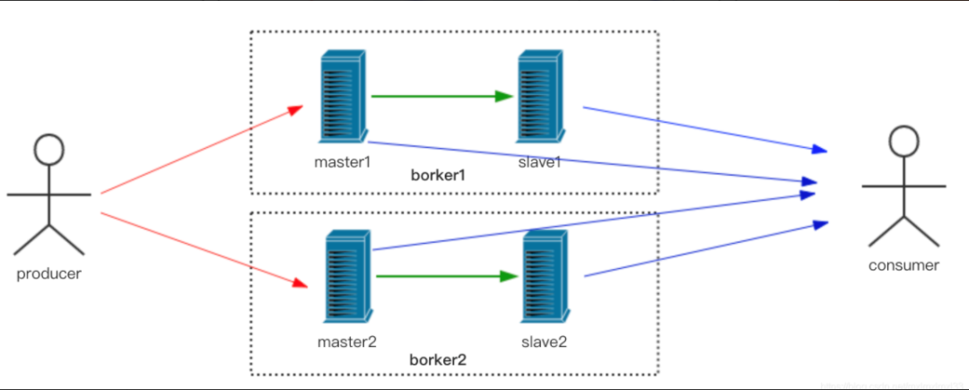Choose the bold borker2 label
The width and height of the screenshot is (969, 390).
[438, 360]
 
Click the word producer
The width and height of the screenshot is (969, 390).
[48, 273]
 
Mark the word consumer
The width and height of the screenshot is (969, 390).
[904, 265]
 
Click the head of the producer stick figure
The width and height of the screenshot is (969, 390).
[48, 149]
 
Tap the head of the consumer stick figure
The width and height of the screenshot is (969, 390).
[904, 141]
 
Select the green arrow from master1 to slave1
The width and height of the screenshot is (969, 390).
[440, 96]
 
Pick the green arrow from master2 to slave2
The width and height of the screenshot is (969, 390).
[446, 276]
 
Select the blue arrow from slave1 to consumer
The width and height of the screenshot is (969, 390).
[704, 128]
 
